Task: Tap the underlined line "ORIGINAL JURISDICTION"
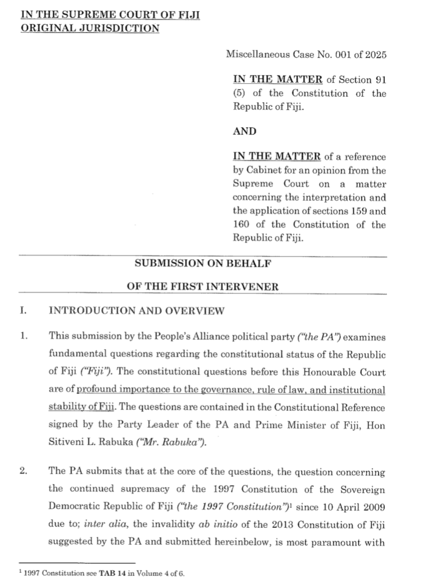click(x=90, y=28)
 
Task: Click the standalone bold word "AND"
click(x=245, y=131)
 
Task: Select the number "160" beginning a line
click(x=241, y=224)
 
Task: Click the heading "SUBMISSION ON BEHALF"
click(x=203, y=264)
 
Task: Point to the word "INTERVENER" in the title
click(x=250, y=287)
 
